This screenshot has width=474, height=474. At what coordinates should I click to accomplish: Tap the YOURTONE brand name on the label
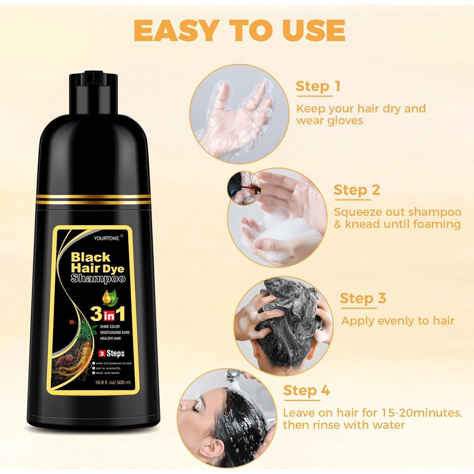[x=106, y=238]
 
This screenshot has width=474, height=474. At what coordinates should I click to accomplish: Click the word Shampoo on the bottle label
[x=98, y=278]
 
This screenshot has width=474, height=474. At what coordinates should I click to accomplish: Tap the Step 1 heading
[x=318, y=86]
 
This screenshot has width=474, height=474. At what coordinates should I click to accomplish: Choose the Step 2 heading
[x=356, y=190]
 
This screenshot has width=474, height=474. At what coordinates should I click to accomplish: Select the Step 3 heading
[x=363, y=298]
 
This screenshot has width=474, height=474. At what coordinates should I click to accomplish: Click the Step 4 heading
[x=306, y=391]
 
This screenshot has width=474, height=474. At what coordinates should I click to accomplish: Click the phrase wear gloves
[x=330, y=120]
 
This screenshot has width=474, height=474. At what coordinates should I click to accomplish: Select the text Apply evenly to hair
[x=398, y=321]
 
